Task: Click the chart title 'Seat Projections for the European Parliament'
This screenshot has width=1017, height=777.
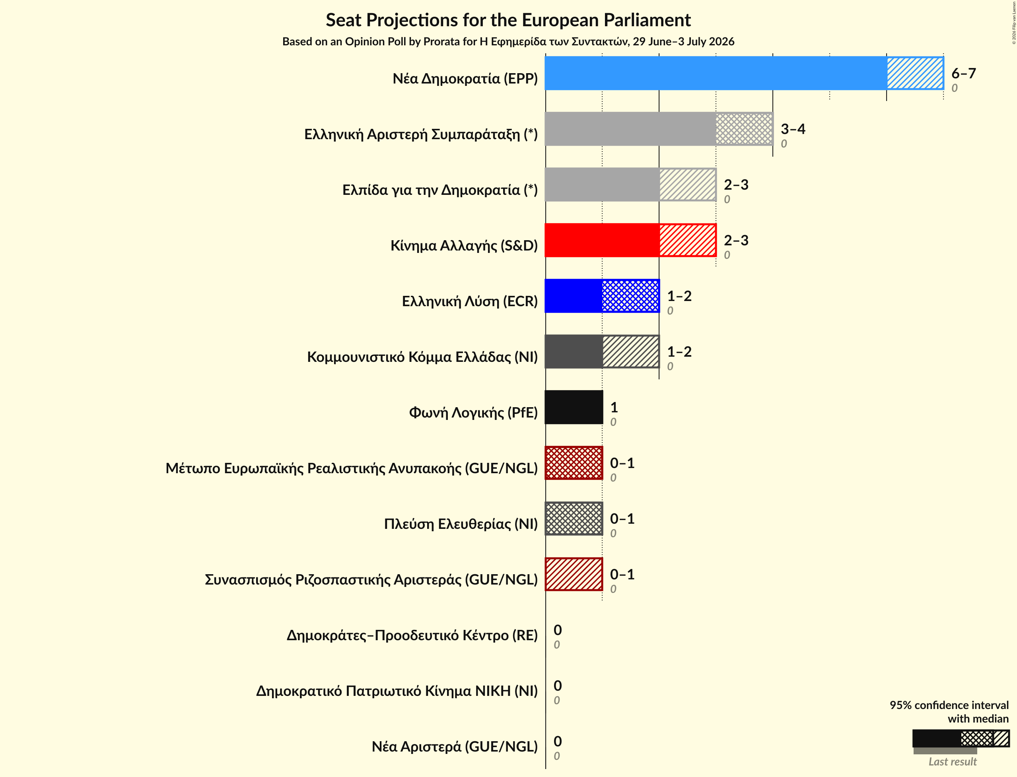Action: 508,20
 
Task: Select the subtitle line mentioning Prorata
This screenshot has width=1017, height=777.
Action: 508,42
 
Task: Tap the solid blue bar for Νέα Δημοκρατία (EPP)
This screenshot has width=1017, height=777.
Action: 716,73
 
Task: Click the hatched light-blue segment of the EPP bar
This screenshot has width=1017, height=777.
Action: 915,73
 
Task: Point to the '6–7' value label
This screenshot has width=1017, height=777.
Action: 963,73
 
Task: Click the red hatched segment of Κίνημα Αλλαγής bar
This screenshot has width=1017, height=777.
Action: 688,240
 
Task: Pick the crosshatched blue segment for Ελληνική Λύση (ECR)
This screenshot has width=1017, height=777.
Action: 631,296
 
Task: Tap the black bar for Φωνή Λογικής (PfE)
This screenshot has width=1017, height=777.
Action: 574,407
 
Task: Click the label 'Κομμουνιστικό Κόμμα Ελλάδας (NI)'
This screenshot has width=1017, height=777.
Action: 422,357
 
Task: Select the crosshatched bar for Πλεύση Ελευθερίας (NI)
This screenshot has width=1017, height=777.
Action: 574,519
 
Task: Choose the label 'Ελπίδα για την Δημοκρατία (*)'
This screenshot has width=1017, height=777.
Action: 440,190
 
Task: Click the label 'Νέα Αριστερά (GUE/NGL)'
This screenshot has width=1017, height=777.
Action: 455,746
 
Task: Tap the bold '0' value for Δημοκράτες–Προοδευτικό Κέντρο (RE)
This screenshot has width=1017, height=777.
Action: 558,630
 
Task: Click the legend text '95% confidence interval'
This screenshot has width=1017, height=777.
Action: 949,705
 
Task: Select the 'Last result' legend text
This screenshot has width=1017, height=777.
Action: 953,762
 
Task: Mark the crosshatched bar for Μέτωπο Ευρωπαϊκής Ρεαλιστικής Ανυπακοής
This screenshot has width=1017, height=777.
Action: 574,463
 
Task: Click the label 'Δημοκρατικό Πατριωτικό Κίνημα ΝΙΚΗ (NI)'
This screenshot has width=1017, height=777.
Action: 397,691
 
